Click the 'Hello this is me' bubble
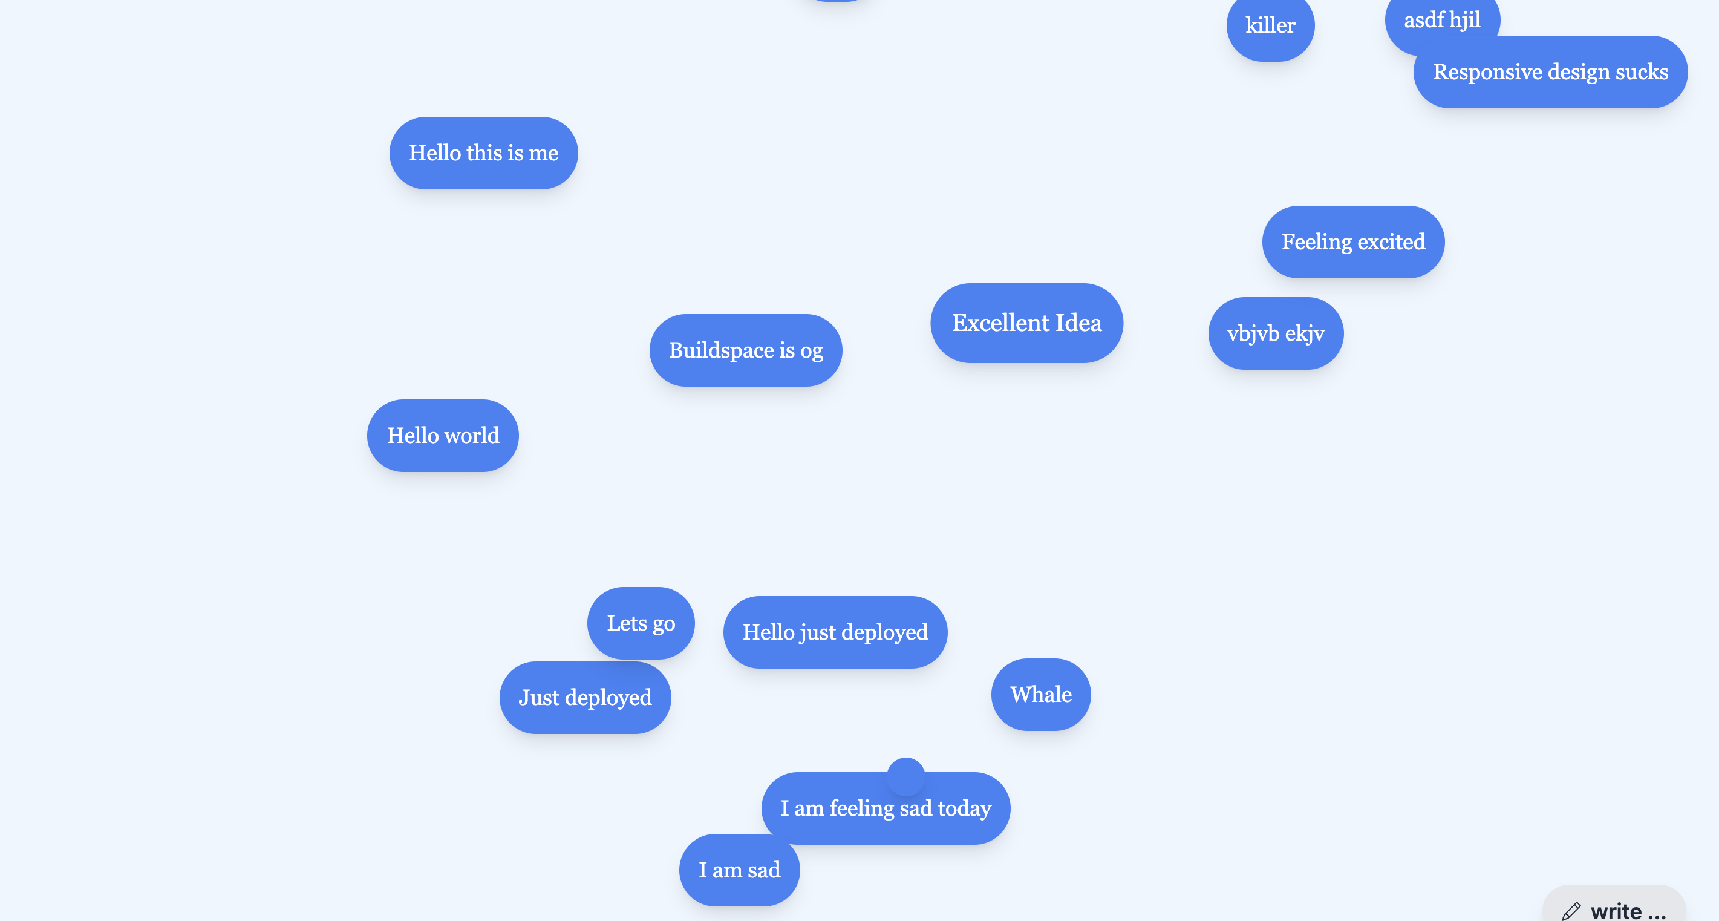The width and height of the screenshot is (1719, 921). coord(483,153)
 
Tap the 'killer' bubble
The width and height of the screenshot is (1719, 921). coord(1270,25)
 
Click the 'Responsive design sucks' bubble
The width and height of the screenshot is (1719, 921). coord(1550,72)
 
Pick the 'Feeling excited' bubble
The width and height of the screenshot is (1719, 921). coord(1352,241)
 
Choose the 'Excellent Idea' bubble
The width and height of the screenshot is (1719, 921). coord(1026,323)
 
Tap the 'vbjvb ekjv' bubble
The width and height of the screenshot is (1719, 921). coord(1275,333)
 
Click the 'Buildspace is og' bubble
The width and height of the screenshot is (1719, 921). coord(745,350)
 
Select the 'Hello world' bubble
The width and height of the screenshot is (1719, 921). coord(442,435)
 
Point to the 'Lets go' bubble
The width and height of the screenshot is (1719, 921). coord(640,623)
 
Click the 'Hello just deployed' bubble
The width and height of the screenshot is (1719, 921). coord(835,632)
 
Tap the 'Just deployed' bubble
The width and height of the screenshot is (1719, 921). coord(584,698)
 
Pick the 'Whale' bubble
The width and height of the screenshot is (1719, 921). coord(1040,694)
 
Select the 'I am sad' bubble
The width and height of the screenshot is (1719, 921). coord(739,870)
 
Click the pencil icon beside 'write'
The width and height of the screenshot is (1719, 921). coord(1571,911)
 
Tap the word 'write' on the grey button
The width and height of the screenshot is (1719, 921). coord(1616,911)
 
